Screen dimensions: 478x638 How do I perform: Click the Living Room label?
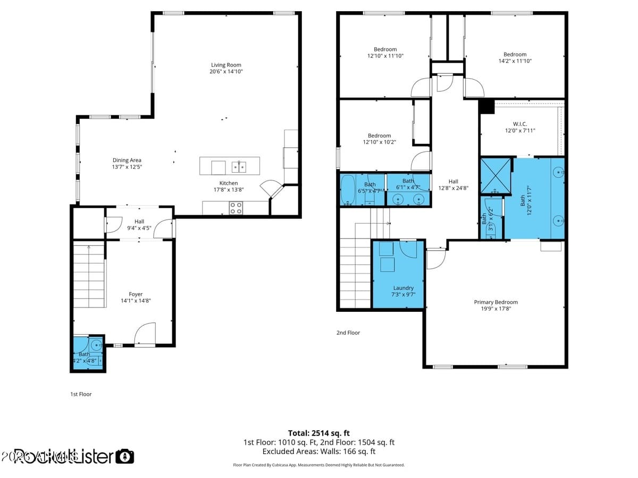226,65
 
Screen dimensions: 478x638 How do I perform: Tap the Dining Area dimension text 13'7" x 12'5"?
127,167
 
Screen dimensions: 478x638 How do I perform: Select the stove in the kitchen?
236,208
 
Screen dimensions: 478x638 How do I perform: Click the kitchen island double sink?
239,167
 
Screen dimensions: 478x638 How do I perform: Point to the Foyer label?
136,294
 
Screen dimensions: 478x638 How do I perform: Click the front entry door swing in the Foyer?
145,335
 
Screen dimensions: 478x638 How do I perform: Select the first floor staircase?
89,276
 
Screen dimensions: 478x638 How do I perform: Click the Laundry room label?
403,288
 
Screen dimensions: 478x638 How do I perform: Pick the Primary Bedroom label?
496,302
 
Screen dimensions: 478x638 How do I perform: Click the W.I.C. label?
520,124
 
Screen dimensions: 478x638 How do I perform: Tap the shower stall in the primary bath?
496,175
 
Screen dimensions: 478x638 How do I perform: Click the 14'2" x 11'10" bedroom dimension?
515,61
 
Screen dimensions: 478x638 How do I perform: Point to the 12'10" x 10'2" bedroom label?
379,135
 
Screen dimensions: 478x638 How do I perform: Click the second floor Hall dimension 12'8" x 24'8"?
453,188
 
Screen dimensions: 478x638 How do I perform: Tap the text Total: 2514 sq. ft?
318,433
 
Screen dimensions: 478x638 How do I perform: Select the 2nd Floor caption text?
348,333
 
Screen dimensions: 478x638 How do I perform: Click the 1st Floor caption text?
81,394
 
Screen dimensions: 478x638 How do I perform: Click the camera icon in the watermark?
125,456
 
